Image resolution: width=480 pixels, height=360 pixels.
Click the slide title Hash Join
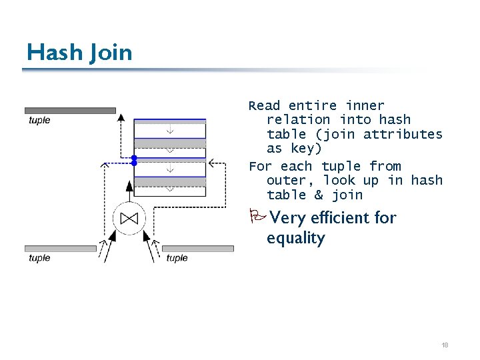click(79, 52)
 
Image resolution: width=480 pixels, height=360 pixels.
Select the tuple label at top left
click(39, 121)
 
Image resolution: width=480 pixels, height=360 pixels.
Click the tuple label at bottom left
click(39, 258)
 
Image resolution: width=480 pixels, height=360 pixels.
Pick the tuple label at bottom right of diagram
click(177, 258)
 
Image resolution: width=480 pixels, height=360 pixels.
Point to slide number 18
click(445, 345)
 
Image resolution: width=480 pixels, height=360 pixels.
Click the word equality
click(295, 239)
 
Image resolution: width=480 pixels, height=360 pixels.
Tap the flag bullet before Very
click(258, 217)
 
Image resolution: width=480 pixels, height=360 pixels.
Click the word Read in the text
click(265, 105)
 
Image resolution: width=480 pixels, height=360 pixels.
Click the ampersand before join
click(319, 195)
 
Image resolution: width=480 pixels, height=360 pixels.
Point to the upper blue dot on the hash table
click(134, 158)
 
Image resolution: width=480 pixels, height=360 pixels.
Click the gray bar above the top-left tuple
click(70, 111)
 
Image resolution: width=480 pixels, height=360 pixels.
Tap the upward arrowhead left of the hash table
click(121, 117)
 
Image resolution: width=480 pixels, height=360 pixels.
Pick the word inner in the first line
click(365, 105)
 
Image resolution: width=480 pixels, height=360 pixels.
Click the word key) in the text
click(305, 149)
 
